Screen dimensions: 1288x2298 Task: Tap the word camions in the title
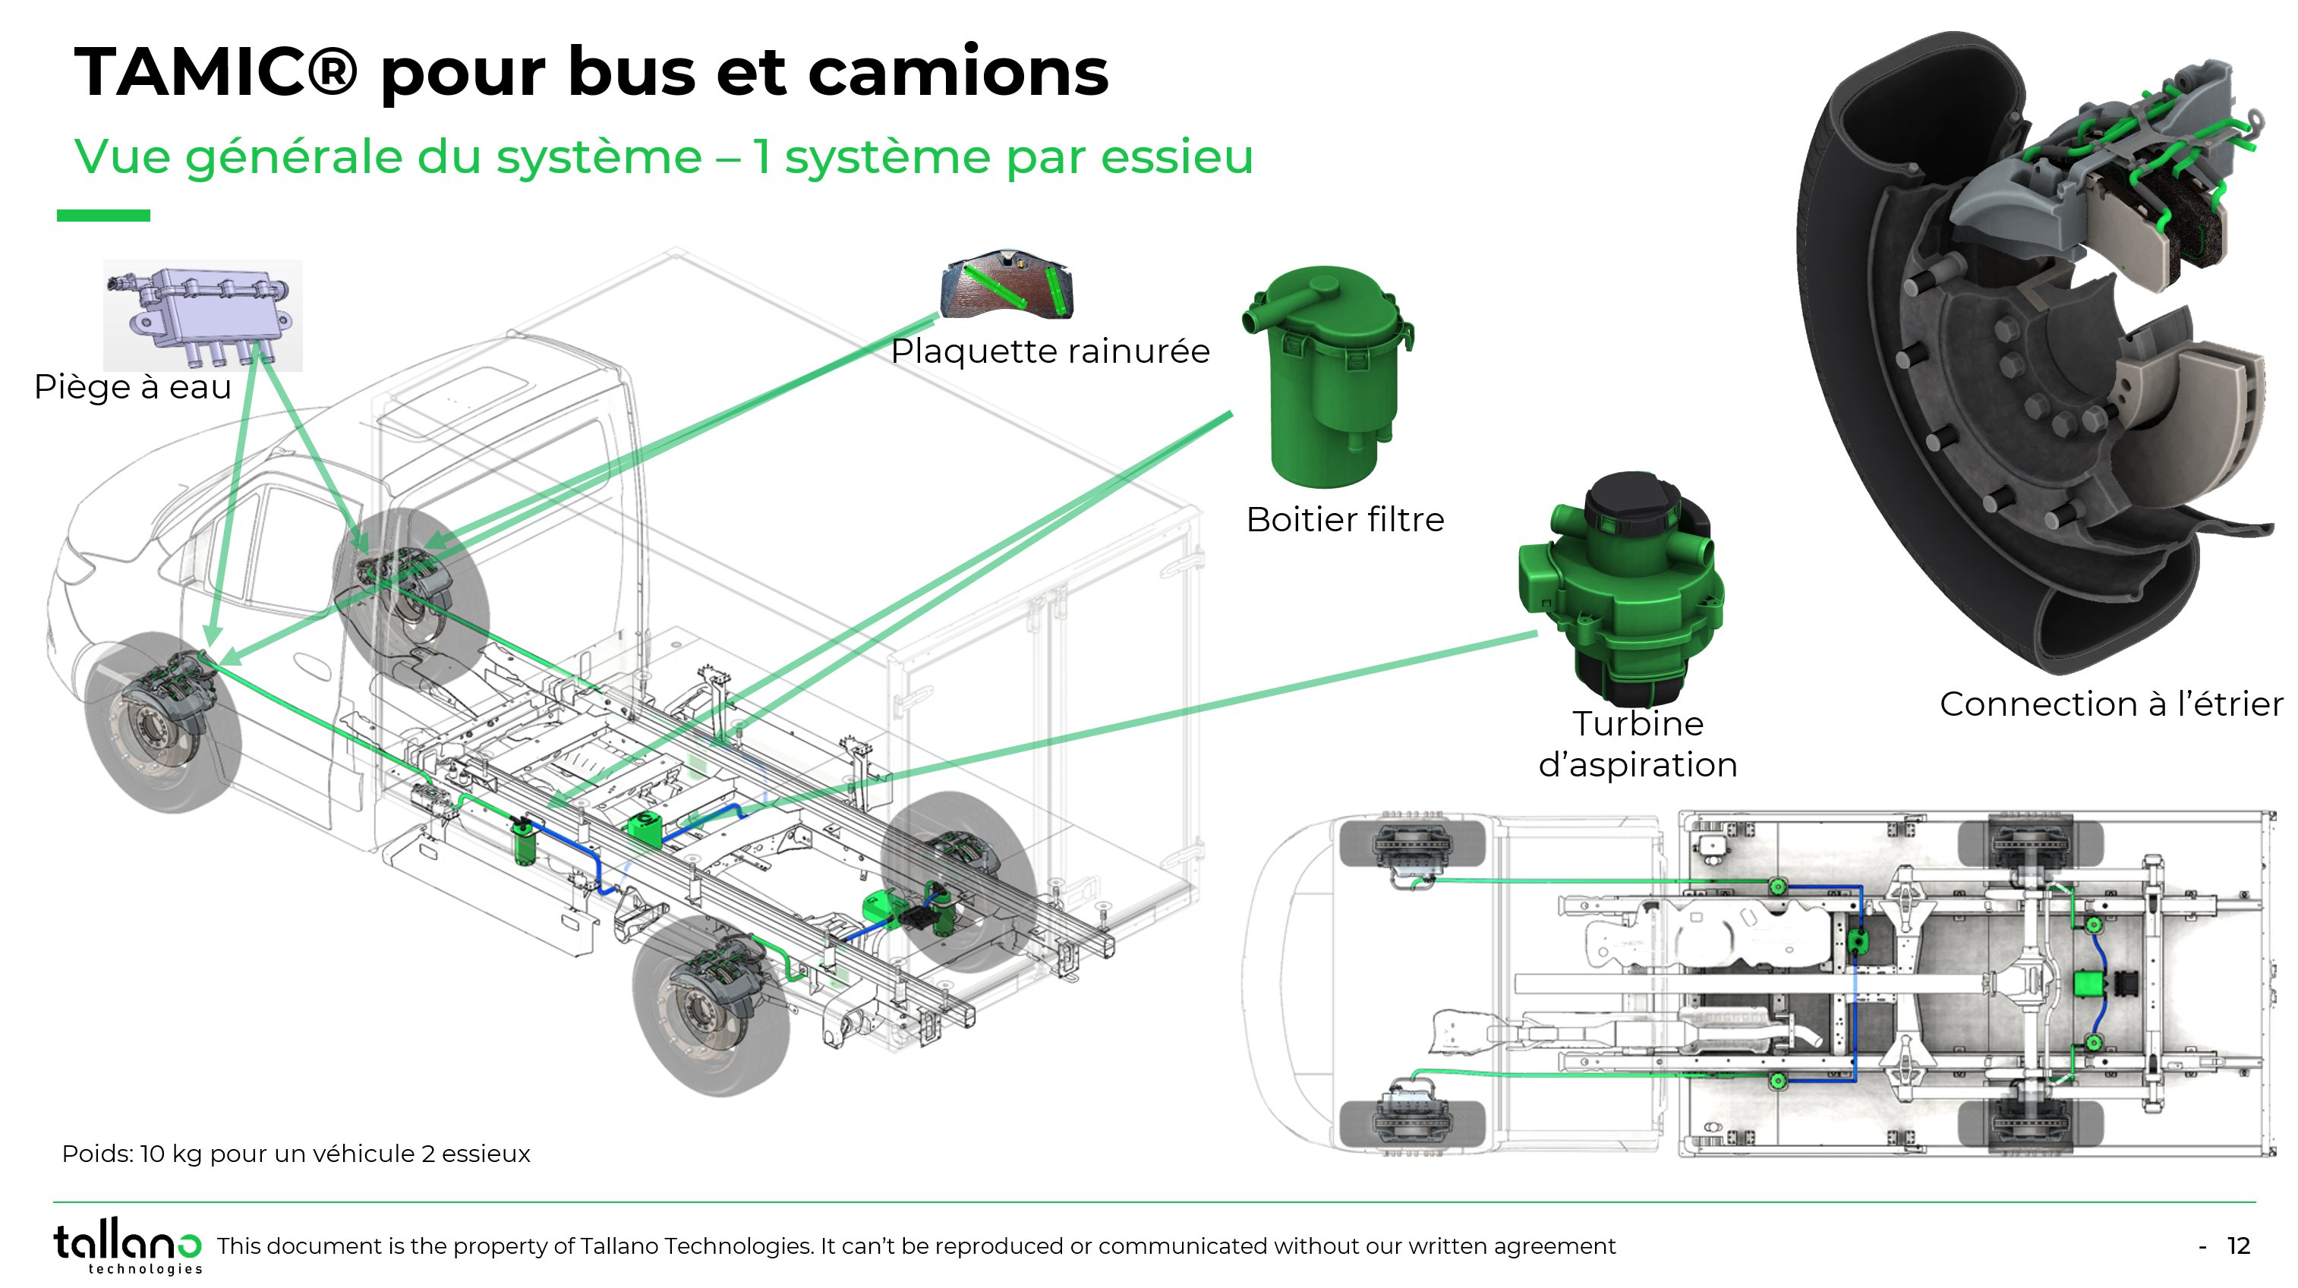click(958, 72)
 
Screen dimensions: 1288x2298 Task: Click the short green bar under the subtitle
click(103, 215)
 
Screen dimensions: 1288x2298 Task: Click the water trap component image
click(203, 314)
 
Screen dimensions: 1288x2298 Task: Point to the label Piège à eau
click(133, 387)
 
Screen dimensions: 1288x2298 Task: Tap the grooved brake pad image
click(1007, 285)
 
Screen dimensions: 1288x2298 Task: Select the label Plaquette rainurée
click(1050, 351)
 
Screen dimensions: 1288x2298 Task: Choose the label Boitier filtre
click(1344, 520)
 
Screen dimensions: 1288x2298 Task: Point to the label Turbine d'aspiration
click(1638, 744)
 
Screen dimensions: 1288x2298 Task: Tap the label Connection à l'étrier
click(2110, 704)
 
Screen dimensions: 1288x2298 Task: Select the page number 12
click(2238, 1246)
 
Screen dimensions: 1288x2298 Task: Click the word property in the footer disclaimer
click(500, 1246)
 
